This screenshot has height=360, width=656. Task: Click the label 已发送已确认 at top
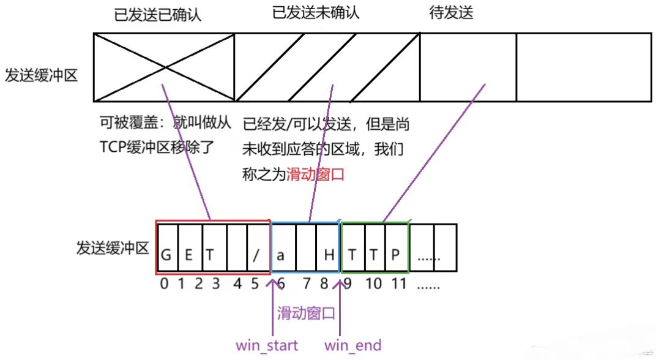click(158, 15)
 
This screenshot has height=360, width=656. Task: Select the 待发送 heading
click(452, 13)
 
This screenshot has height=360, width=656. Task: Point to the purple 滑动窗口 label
click(306, 314)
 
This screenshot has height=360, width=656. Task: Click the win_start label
click(267, 345)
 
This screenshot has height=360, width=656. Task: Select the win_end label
click(352, 345)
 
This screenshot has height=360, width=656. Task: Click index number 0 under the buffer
click(163, 285)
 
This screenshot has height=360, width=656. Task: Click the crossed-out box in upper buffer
click(164, 67)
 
